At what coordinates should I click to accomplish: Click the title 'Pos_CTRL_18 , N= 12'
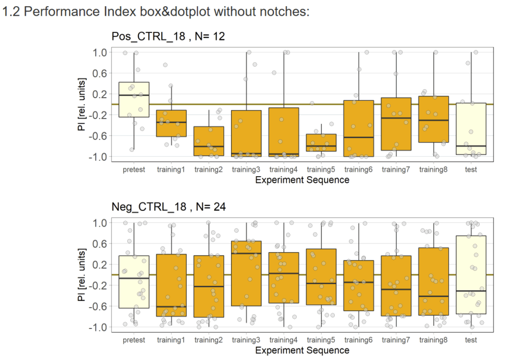[x=168, y=36]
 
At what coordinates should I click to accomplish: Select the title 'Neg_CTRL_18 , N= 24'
[x=168, y=207]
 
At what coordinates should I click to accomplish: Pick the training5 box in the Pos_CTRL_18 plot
[x=321, y=143]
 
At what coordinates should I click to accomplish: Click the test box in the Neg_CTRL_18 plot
[x=471, y=275]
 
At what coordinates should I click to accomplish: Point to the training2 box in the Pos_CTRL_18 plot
[x=209, y=141]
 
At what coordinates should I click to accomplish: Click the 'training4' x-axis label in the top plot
[x=284, y=170]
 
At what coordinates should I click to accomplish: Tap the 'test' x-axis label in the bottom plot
[x=471, y=340]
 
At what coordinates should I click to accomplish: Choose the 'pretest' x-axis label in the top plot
[x=134, y=170]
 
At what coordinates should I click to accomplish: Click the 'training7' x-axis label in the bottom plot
[x=396, y=340]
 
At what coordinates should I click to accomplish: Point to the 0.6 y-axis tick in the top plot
[x=99, y=73]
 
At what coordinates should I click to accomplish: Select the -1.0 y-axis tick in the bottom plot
[x=98, y=327]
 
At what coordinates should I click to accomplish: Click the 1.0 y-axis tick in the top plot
[x=99, y=52]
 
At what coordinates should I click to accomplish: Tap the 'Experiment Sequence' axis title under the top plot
[x=302, y=180]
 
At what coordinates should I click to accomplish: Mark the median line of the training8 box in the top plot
[x=433, y=120]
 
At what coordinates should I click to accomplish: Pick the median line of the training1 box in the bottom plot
[x=171, y=307]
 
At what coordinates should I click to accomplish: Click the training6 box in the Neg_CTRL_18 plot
[x=359, y=286]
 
